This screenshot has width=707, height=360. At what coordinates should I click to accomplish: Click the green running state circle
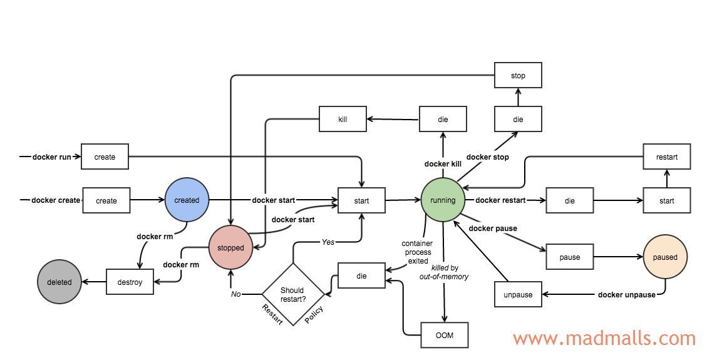(443, 200)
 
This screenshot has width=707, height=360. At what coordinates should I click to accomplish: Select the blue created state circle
(187, 200)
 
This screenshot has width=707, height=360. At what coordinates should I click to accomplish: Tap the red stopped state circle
(230, 248)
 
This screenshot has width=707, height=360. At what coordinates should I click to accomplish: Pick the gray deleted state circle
(59, 282)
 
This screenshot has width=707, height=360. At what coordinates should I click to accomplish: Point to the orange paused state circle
(665, 257)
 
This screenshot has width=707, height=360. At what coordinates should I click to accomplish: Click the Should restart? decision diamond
(292, 294)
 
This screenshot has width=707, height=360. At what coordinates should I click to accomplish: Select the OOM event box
(444, 335)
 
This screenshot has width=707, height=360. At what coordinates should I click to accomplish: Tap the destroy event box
(130, 282)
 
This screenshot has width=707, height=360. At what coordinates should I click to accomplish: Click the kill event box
(343, 119)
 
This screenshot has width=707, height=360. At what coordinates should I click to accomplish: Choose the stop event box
(518, 75)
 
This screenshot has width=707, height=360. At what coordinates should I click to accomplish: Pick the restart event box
(667, 157)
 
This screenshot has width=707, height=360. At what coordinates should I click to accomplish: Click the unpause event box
(518, 294)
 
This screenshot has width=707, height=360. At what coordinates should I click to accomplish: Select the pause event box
(569, 257)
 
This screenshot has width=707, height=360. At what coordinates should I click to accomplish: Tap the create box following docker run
(105, 157)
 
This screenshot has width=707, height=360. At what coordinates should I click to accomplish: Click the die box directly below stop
(518, 119)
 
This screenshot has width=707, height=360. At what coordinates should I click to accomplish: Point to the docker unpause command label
(626, 295)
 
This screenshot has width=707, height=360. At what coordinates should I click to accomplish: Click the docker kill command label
(443, 164)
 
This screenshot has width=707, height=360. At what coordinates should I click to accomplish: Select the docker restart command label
(500, 200)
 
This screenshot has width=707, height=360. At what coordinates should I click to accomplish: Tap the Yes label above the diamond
(328, 242)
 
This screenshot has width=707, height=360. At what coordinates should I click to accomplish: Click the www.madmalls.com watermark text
(604, 339)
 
